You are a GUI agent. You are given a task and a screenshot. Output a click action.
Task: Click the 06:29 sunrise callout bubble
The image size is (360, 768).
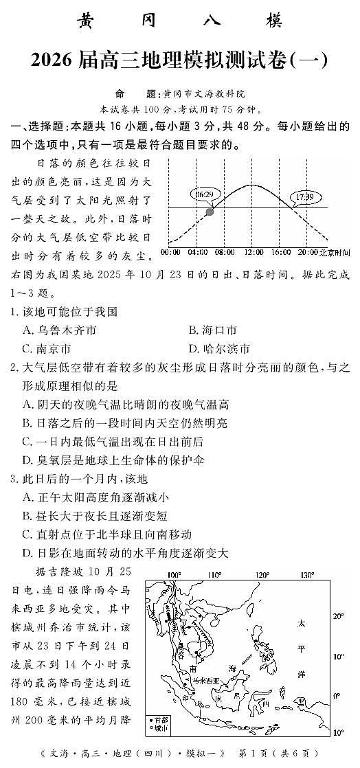click(203, 194)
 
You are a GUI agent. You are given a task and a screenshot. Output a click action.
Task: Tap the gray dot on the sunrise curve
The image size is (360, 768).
click(210, 212)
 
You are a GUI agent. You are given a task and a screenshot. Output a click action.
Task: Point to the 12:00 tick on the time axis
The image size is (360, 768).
click(253, 252)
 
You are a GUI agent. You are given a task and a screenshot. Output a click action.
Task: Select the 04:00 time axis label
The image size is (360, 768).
click(197, 252)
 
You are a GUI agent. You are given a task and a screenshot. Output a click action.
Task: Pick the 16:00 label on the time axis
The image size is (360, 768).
click(281, 252)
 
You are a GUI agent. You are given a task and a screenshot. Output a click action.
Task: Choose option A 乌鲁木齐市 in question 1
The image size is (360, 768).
click(59, 330)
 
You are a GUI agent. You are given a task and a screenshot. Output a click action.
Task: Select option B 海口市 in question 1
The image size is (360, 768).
click(212, 330)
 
